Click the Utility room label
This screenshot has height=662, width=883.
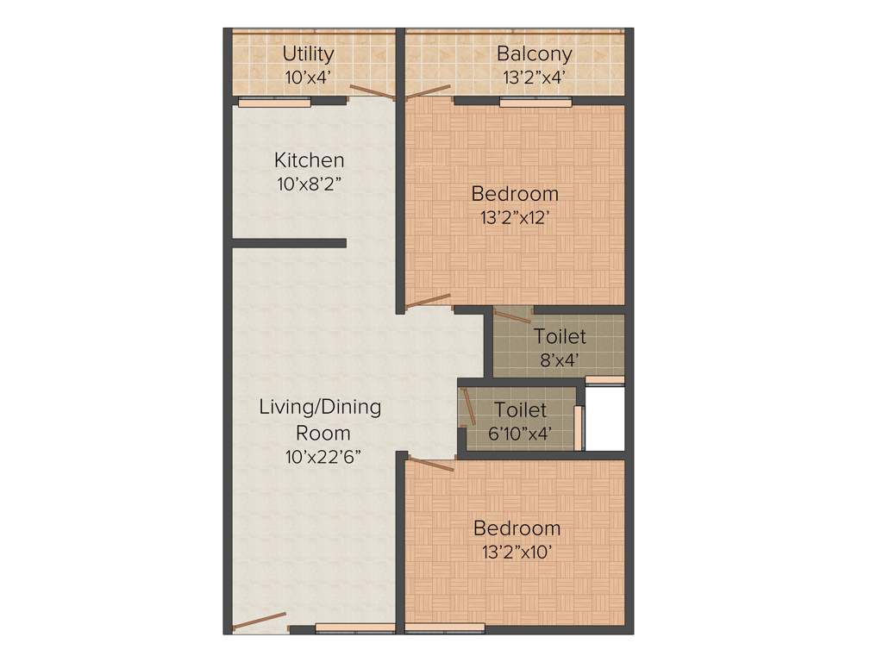308,53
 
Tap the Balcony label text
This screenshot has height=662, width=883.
534,53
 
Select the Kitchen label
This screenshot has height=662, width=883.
309,160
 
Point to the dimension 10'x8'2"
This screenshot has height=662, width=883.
309,184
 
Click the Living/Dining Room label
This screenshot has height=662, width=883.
320,419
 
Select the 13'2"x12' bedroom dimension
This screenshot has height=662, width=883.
515,217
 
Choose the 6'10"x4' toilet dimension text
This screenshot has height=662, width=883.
520,434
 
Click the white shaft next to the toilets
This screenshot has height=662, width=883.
604,418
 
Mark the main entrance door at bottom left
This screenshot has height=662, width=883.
260,621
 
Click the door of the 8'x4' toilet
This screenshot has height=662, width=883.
512,315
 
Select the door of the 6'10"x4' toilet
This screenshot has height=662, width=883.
468,406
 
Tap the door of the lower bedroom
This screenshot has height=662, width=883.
430,465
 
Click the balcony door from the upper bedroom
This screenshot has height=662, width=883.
429,91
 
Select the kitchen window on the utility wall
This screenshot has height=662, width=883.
274,103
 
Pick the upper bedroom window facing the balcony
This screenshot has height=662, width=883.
535,103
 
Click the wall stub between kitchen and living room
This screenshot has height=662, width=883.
290,243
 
